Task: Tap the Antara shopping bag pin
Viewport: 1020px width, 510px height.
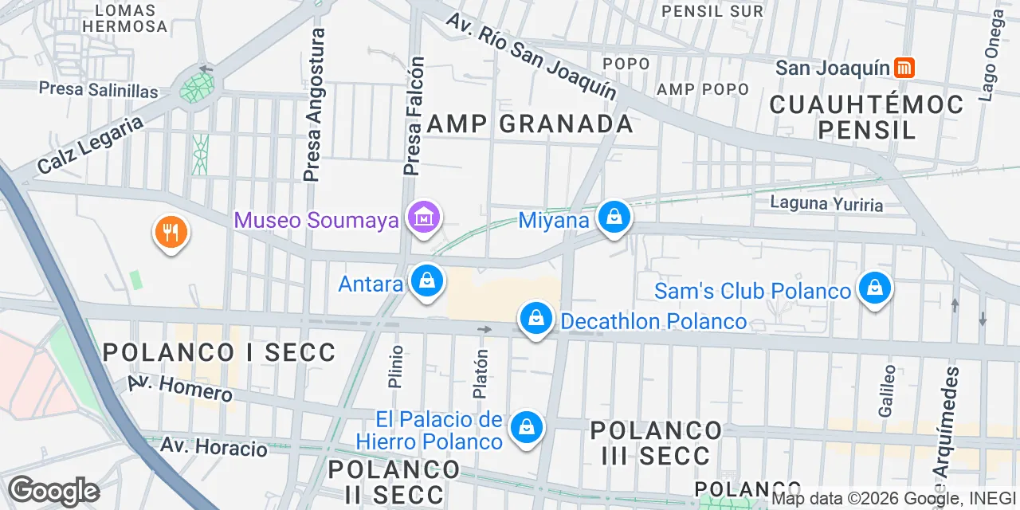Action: point(427,282)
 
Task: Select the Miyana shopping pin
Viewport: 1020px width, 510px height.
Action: point(614,217)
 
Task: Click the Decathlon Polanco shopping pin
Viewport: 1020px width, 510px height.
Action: point(536,319)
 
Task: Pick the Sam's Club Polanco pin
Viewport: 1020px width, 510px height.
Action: point(875,288)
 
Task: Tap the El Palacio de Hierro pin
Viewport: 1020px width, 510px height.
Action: point(526,428)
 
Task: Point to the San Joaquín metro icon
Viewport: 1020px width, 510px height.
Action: point(904,68)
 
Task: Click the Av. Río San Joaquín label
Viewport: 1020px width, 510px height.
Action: point(532,56)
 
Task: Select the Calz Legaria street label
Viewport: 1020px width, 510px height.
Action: point(90,145)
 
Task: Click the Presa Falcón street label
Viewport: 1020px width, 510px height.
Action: point(414,116)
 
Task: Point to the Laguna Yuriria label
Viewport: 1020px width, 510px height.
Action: point(826,204)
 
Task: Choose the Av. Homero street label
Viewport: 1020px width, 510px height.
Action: point(180,388)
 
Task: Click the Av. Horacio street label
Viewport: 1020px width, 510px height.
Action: point(214,446)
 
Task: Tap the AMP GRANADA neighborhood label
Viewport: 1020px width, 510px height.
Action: point(530,124)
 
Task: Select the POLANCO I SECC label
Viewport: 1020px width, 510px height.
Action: point(219,352)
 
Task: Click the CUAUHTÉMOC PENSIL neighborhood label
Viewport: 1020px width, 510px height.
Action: point(867,116)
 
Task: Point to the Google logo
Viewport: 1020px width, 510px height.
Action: point(53,491)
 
